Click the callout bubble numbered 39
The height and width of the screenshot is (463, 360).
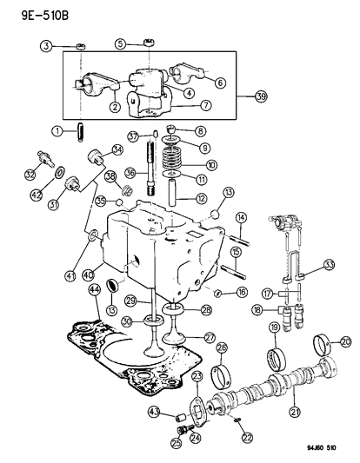261,96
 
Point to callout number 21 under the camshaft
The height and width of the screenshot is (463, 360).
295,410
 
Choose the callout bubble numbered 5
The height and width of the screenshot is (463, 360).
122,43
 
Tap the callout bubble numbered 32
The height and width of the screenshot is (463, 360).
31,174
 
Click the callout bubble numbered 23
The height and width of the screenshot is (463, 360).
197,375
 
